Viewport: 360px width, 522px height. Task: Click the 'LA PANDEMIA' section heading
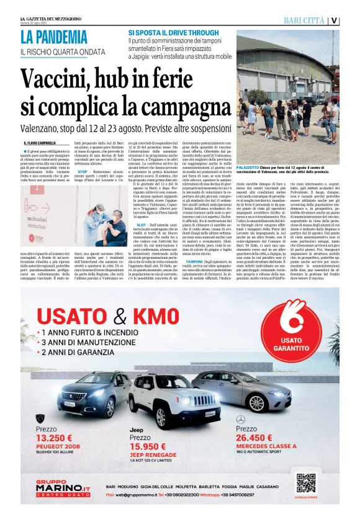(54, 37)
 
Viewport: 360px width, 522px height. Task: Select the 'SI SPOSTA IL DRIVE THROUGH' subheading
(173, 32)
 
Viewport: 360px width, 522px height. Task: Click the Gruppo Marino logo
(63, 488)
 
